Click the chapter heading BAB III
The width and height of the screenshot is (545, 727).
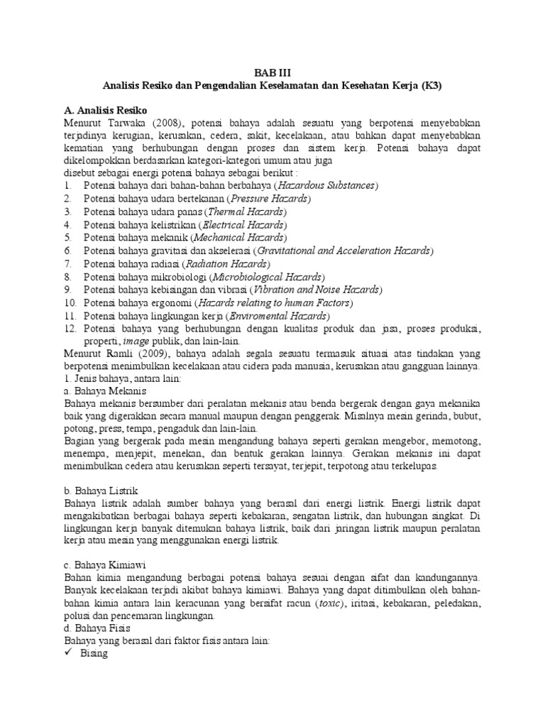pyautogui.click(x=272, y=72)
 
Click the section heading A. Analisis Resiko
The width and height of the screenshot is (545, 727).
pyautogui.click(x=105, y=110)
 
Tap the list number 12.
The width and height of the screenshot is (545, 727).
pyautogui.click(x=70, y=328)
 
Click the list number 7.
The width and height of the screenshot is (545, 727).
pyautogui.click(x=68, y=263)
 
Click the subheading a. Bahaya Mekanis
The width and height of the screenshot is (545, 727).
pyautogui.click(x=105, y=391)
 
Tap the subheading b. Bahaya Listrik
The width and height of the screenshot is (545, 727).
pyautogui.click(x=101, y=491)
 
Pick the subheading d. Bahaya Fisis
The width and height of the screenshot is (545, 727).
pyautogui.click(x=97, y=628)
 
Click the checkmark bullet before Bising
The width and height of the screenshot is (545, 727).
pyautogui.click(x=69, y=654)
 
